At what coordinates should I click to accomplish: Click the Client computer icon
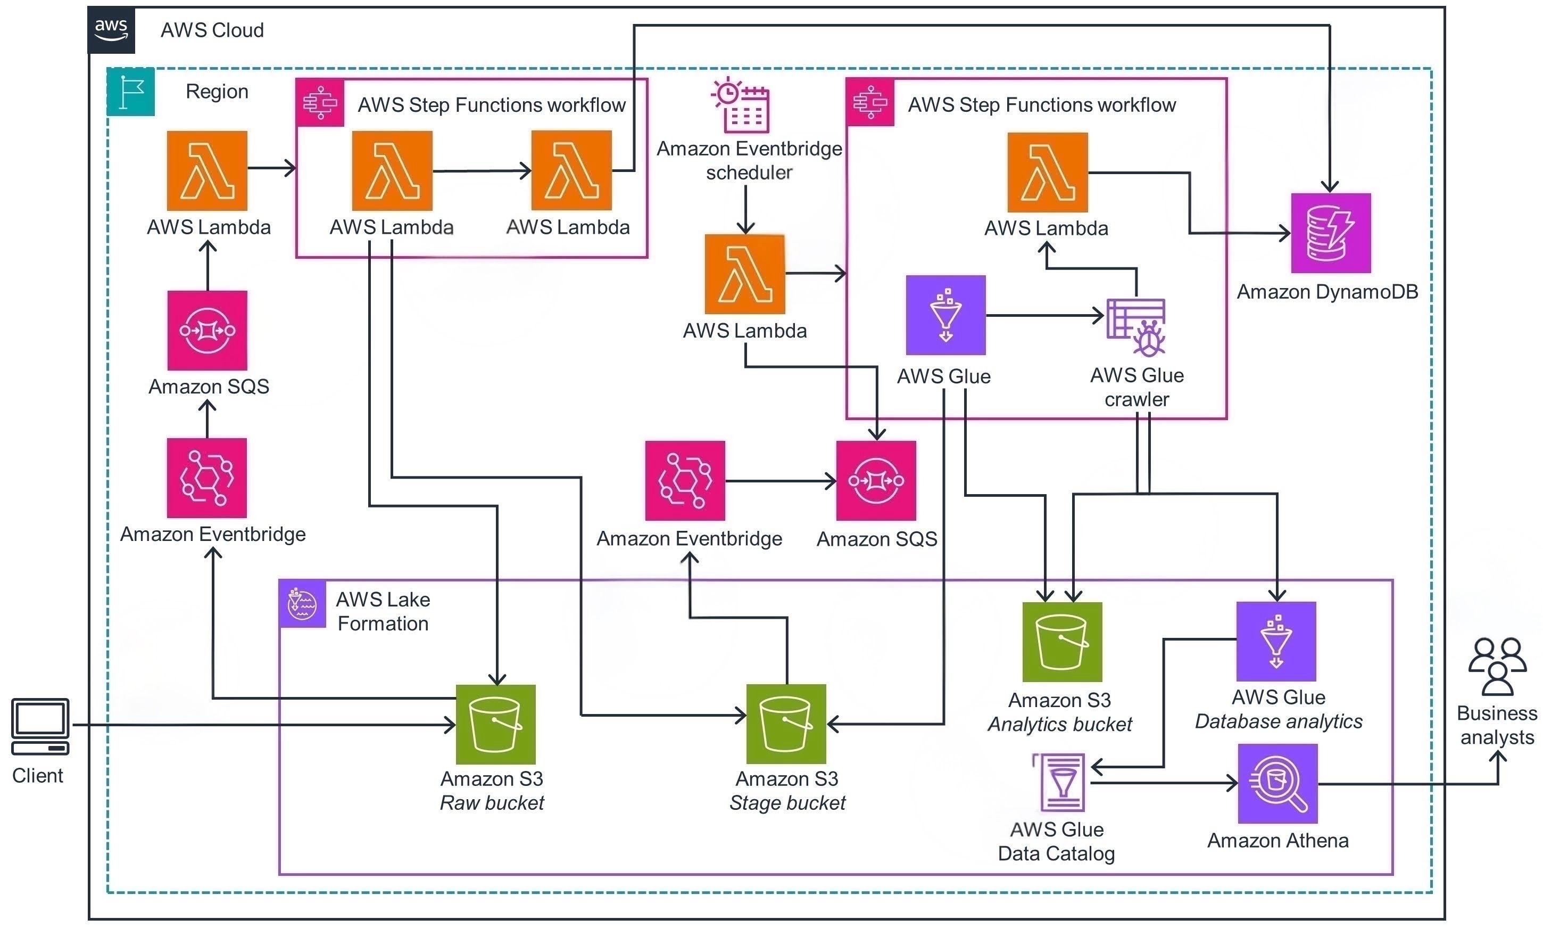click(40, 726)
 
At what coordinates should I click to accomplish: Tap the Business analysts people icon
click(1497, 667)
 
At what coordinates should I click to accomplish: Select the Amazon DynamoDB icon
click(1330, 233)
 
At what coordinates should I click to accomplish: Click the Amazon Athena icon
click(1277, 783)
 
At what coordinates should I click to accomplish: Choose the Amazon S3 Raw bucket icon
click(495, 725)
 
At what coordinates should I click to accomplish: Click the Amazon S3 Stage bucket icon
click(786, 724)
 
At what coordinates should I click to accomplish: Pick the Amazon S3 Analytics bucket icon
click(1062, 642)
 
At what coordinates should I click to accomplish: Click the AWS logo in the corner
click(111, 29)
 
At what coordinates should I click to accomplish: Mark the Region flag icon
click(131, 92)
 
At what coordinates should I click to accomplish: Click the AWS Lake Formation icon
click(302, 603)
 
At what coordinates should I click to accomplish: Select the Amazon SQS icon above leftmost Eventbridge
click(207, 331)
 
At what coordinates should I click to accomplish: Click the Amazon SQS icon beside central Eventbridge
click(876, 481)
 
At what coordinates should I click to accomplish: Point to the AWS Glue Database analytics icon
click(1276, 642)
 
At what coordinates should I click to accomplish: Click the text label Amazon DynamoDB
click(1327, 292)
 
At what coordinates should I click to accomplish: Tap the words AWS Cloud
click(212, 30)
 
